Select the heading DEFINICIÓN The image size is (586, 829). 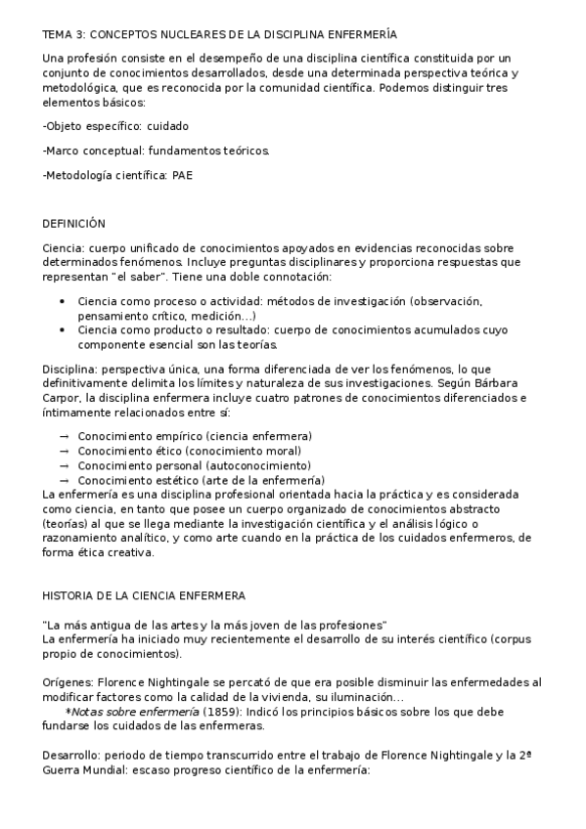pyautogui.click(x=73, y=224)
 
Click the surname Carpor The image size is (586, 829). pyautogui.click(x=63, y=398)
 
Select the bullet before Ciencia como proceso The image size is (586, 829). pyautogui.click(x=63, y=302)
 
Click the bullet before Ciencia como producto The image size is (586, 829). pyautogui.click(x=63, y=330)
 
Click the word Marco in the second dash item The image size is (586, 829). pyautogui.click(x=63, y=151)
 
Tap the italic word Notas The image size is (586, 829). pyautogui.click(x=86, y=712)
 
